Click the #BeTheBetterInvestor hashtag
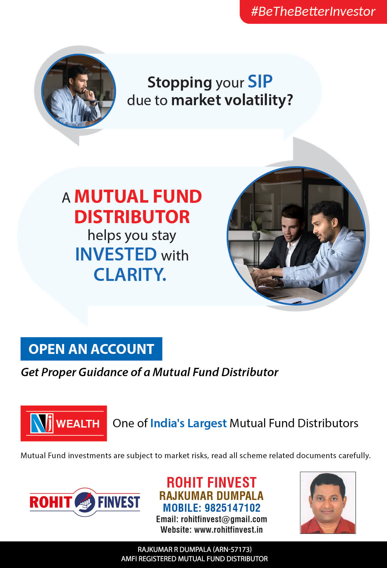tap(313, 11)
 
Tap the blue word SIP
tap(260, 82)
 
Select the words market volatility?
tap(232, 100)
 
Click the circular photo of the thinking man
tap(79, 91)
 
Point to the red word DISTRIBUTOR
tap(132, 217)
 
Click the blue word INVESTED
tap(116, 254)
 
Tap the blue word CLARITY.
tap(130, 275)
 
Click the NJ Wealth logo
tap(64, 423)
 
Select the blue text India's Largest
tap(189, 423)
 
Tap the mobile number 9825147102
tap(233, 508)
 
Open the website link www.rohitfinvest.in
tap(228, 530)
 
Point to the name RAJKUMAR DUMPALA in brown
tap(211, 496)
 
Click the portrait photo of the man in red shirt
tap(328, 503)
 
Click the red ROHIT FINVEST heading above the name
tap(212, 483)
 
